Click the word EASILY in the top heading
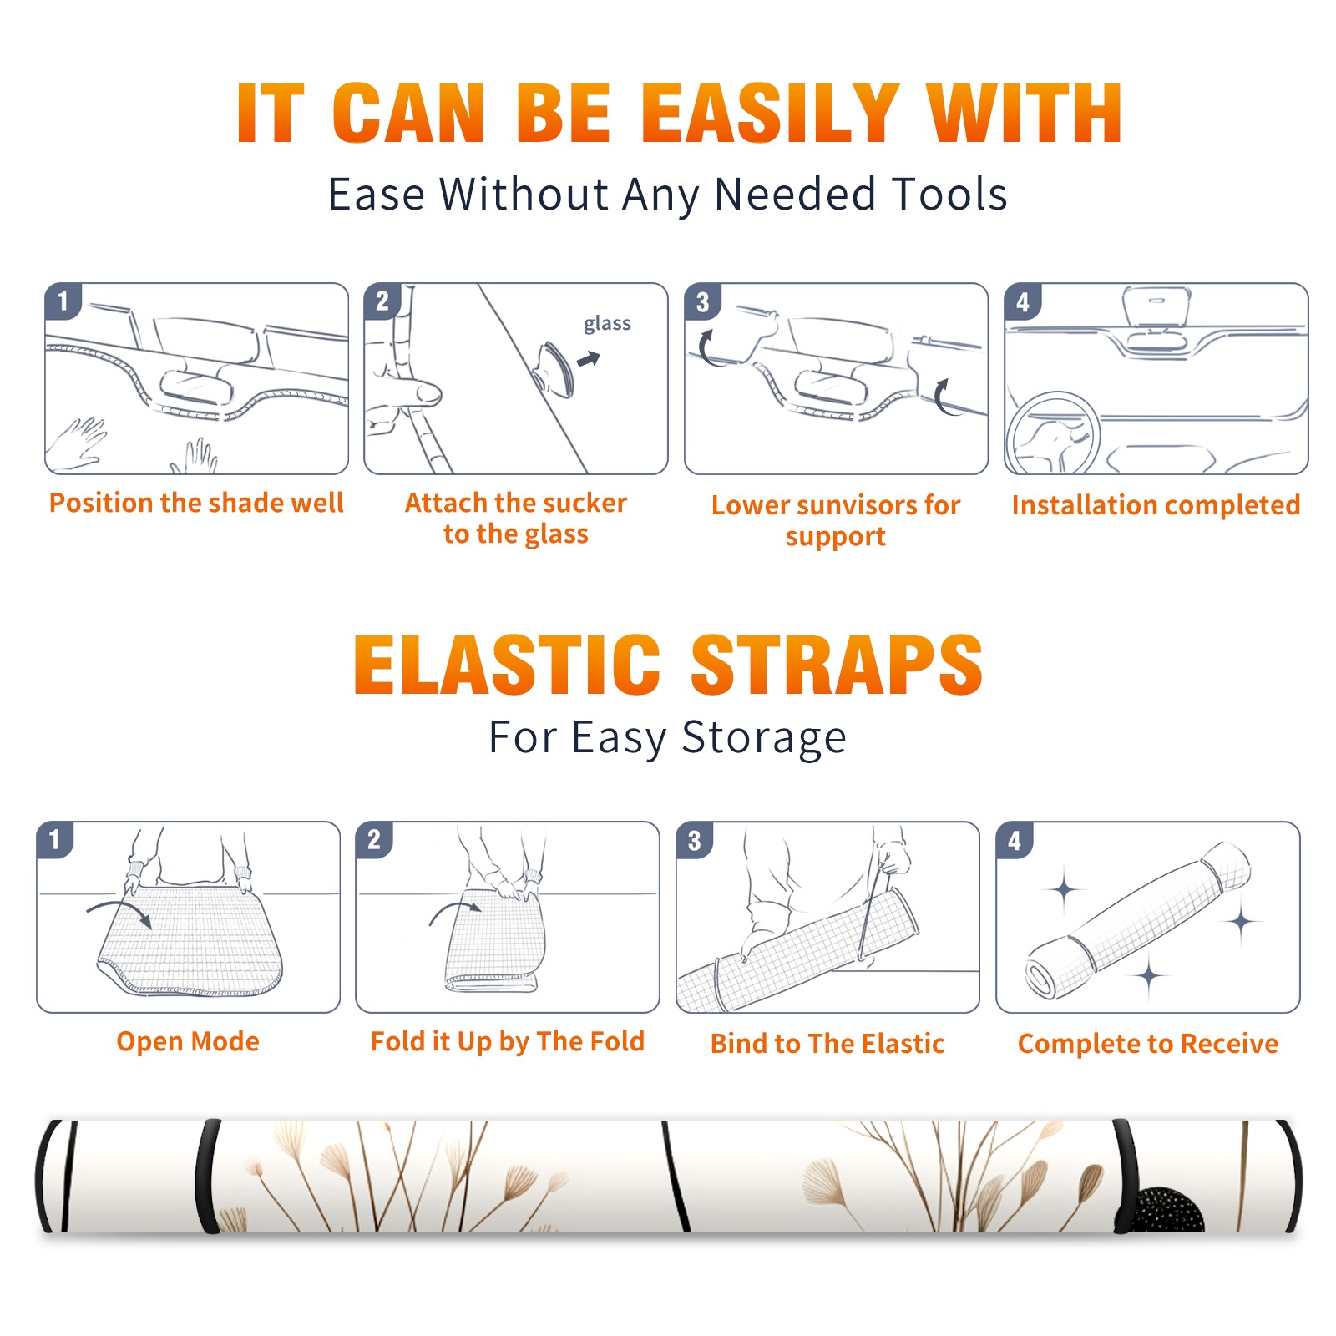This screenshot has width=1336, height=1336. [x=771, y=114]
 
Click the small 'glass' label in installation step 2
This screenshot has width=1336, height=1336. [x=607, y=324]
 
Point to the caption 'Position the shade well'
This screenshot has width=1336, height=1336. [x=196, y=503]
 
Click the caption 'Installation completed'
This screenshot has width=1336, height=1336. [x=1156, y=505]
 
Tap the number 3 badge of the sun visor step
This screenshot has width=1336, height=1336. [x=702, y=301]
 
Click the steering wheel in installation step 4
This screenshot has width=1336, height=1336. [x=1053, y=433]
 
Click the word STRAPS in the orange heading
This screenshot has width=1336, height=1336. [x=837, y=665]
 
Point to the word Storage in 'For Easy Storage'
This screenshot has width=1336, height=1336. [x=764, y=738]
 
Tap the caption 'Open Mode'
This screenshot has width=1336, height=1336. [x=188, y=1041]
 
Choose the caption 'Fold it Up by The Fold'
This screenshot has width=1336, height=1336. [x=508, y=1042]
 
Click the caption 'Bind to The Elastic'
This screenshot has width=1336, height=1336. [x=827, y=1044]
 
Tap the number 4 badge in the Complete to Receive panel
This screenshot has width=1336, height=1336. [x=1015, y=840]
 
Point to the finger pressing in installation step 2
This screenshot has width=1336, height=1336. [x=409, y=393]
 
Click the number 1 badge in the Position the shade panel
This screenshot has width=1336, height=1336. [x=63, y=301]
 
